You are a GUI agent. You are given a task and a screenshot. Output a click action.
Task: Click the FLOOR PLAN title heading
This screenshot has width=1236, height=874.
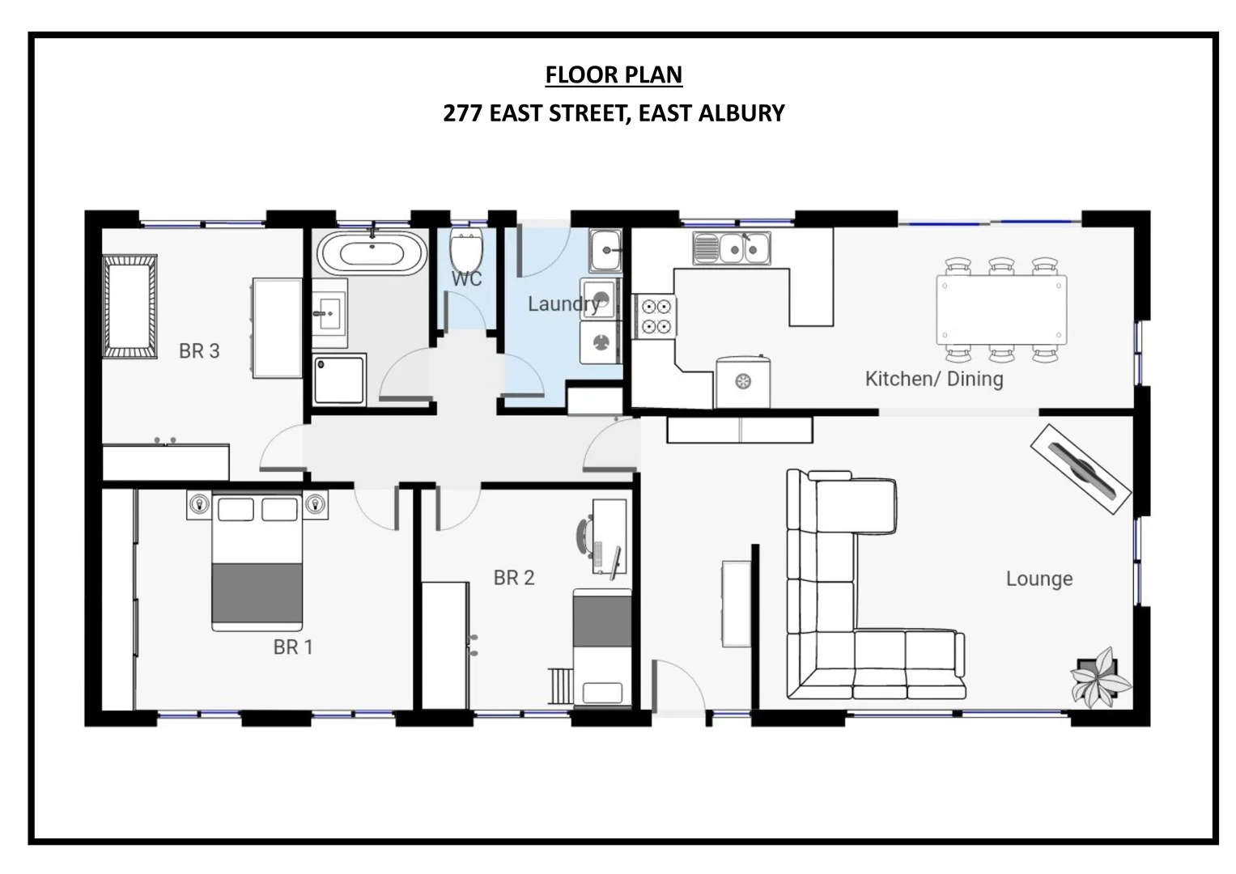(614, 74)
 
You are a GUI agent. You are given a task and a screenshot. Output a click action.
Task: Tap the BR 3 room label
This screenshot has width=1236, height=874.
(199, 351)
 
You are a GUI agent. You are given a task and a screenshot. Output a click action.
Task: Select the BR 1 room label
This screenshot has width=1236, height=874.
(292, 647)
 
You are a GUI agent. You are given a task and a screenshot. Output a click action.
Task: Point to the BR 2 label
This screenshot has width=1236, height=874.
(514, 578)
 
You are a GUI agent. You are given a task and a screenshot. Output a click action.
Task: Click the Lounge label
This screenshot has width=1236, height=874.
(1039, 579)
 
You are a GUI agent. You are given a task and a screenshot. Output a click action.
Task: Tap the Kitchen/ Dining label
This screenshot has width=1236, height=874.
(934, 379)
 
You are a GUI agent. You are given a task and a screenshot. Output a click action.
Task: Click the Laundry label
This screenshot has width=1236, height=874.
(563, 304)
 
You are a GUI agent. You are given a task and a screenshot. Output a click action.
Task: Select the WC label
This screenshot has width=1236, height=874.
(466, 279)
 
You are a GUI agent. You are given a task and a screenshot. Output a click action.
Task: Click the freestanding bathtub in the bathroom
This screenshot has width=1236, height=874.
(372, 253)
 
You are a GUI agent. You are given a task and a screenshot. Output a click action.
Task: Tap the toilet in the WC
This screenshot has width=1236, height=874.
(466, 251)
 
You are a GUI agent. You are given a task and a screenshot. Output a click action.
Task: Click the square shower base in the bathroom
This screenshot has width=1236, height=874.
(339, 379)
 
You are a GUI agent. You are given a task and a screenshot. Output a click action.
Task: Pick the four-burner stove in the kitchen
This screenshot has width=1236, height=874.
(656, 316)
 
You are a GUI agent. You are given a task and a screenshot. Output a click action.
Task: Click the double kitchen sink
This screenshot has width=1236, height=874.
(732, 248)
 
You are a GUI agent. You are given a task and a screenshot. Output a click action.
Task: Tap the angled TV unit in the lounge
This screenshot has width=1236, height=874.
(1080, 469)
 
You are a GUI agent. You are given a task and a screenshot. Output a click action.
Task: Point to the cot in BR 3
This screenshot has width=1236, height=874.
(130, 306)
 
